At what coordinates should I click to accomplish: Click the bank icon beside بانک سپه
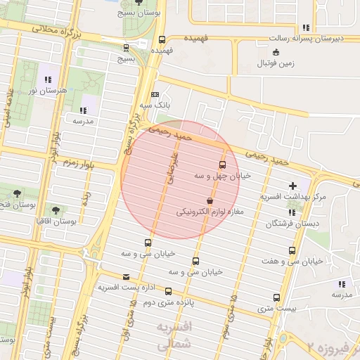point(155,94)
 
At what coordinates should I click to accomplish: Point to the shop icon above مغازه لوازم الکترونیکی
point(210,200)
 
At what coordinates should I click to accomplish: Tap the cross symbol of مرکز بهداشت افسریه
point(293,186)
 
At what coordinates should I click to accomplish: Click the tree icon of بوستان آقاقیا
point(56,210)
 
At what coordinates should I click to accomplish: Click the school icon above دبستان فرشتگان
point(291,212)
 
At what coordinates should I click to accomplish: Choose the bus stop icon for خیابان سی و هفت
point(292,250)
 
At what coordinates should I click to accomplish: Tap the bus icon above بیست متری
point(276,297)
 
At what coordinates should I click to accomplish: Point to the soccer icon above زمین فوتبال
point(276,52)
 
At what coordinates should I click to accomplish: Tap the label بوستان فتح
point(13,205)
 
